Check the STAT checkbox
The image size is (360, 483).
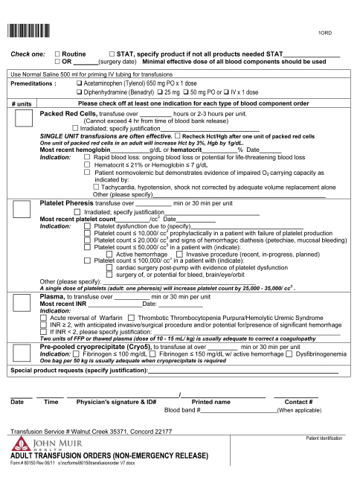coord(112,55)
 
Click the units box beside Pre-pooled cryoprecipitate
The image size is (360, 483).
coord(22,352)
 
